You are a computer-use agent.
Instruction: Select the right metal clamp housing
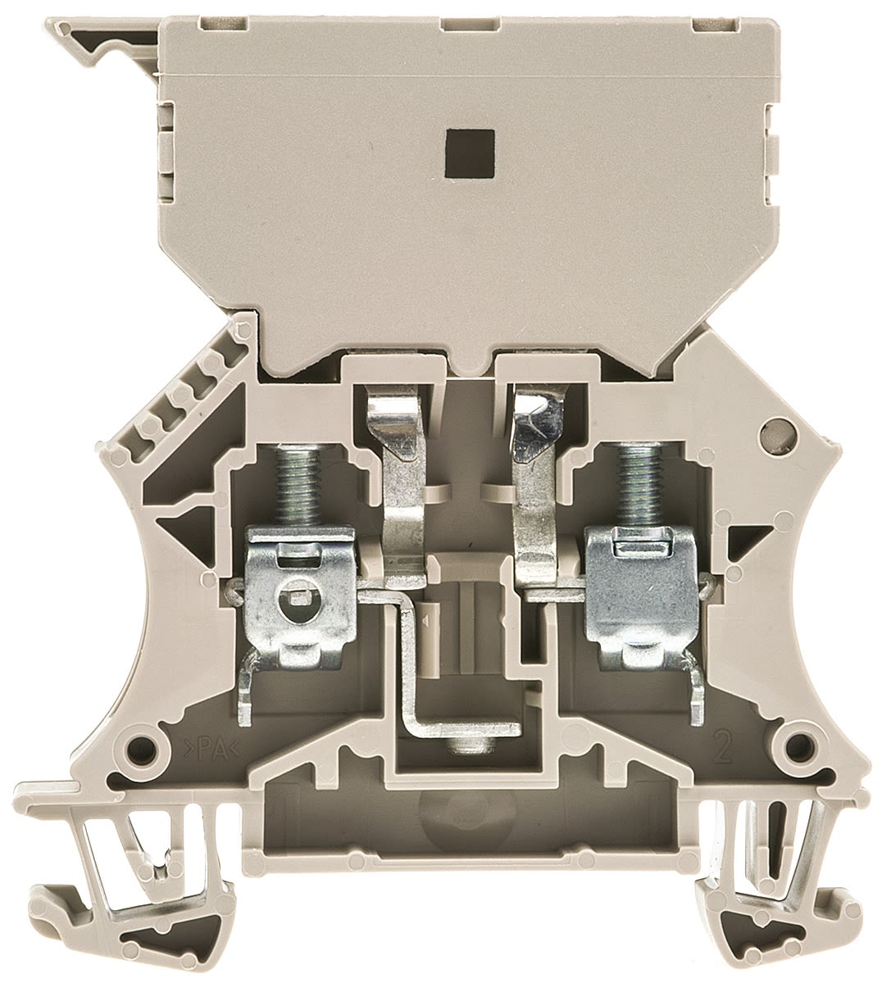pos(642,599)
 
